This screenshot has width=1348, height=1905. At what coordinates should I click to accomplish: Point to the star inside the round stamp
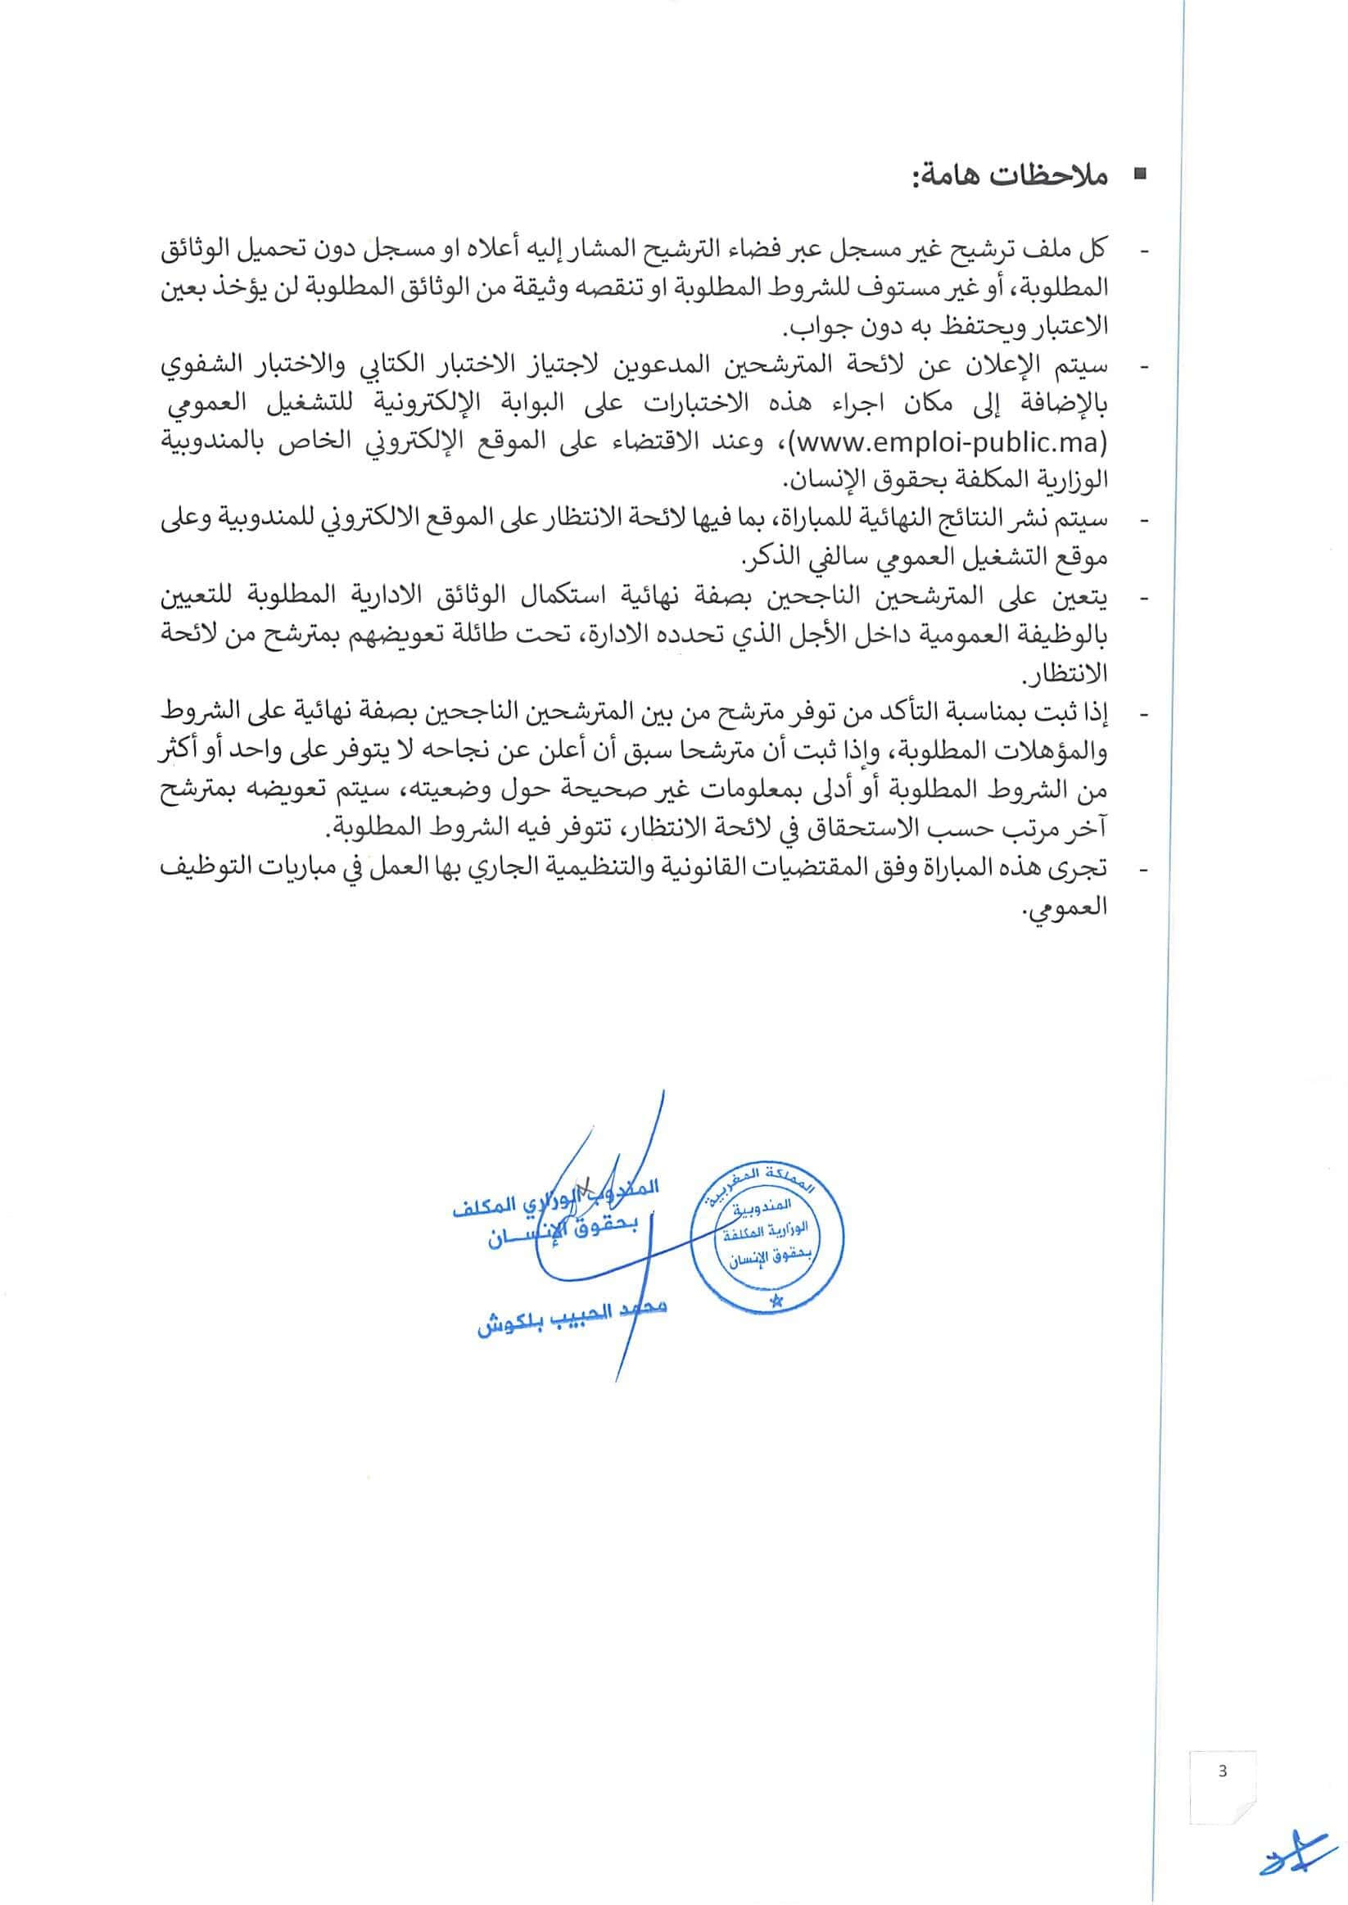[777, 1298]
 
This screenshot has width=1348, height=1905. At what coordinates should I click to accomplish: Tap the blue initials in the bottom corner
[1295, 1858]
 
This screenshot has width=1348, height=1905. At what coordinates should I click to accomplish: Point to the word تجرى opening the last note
[1083, 869]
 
